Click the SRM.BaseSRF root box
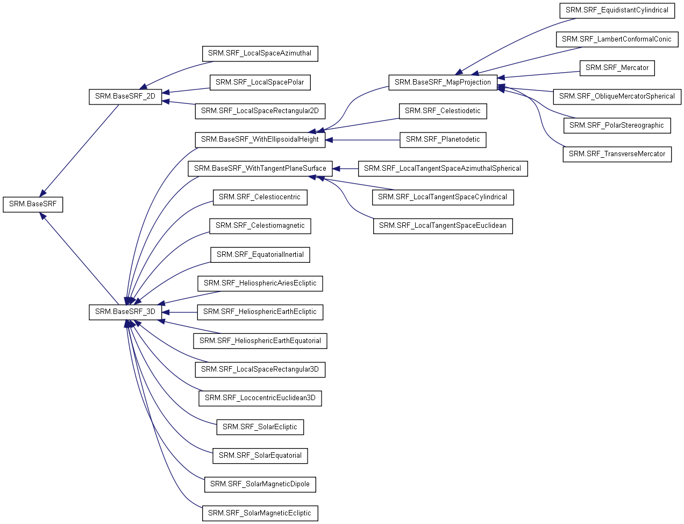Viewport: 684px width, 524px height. coord(33,205)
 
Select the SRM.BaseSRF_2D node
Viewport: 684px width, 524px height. coord(125,97)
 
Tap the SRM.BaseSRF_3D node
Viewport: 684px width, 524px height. coord(125,312)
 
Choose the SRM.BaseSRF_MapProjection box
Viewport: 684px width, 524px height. coord(443,82)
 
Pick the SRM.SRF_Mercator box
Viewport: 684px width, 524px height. coord(617,68)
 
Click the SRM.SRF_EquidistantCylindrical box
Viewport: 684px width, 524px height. coord(617,11)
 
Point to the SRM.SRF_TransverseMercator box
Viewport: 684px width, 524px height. coord(617,154)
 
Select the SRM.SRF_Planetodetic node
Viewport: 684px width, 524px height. coord(443,140)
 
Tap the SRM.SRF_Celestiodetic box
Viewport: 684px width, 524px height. coord(443,111)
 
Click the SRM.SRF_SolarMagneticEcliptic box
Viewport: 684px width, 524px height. coord(260,513)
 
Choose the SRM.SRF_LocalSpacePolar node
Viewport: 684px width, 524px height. coord(260,82)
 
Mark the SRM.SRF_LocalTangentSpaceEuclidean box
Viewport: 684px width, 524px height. coord(443,226)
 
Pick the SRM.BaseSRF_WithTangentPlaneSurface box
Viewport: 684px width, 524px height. coord(260,169)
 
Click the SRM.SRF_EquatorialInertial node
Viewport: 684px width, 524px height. coord(260,255)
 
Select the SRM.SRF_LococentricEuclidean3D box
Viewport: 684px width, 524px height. coord(260,398)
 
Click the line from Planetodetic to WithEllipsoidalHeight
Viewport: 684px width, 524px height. coord(363,140)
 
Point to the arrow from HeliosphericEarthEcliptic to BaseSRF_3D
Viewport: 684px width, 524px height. coord(180,312)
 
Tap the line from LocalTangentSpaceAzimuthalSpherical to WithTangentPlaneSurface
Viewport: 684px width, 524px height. coord(345,169)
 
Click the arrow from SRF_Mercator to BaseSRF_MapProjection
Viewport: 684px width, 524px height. coord(538,75)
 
